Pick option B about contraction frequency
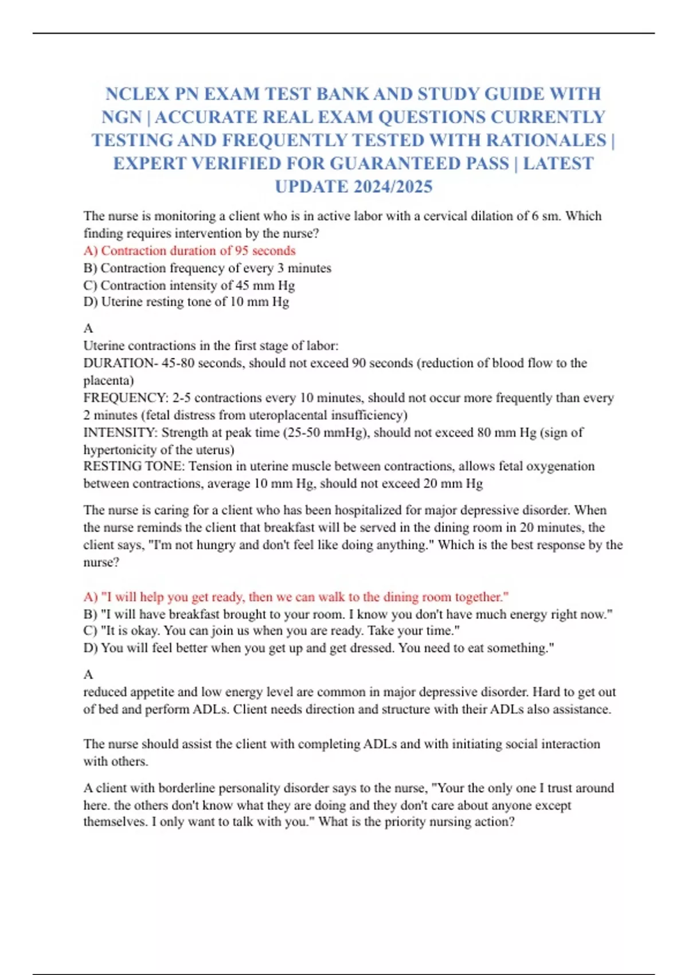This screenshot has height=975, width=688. click(x=207, y=268)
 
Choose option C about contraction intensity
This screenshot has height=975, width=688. click(x=189, y=285)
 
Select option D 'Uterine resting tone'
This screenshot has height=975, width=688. click(x=186, y=302)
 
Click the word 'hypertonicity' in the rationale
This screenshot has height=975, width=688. click(x=120, y=450)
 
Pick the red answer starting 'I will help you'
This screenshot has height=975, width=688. click(x=296, y=597)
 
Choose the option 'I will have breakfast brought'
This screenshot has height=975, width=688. click(x=347, y=614)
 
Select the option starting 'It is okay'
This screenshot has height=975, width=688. click(x=271, y=631)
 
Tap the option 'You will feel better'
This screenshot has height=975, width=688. click(x=318, y=648)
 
